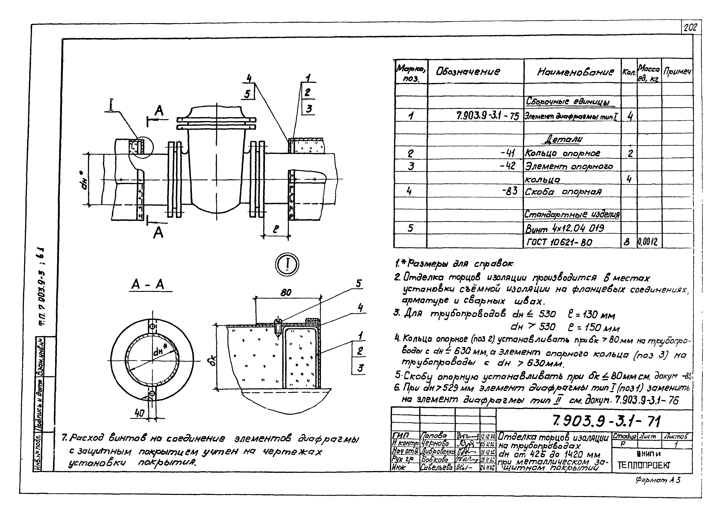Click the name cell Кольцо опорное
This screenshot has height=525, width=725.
pos(563,154)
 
